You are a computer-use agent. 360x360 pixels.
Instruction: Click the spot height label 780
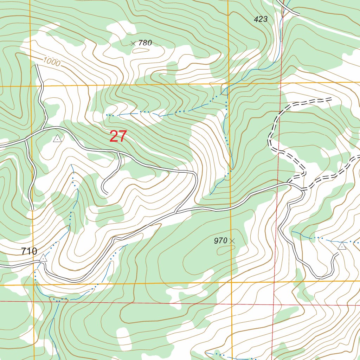145,43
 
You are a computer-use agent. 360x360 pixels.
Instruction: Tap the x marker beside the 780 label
133,44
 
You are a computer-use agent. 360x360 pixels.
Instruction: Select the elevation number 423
261,19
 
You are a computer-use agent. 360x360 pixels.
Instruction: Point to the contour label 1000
52,62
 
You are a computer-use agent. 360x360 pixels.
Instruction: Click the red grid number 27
118,136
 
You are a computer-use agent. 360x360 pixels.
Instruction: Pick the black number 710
29,251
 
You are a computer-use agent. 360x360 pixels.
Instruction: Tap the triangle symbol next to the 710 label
43,258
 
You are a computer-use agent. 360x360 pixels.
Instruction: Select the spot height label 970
220,241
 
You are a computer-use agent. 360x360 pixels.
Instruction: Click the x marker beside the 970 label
232,241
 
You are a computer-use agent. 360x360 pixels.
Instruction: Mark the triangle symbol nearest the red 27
57,139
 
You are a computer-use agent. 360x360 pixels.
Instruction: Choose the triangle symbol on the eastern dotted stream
342,246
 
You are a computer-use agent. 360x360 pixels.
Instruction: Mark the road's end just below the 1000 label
36,65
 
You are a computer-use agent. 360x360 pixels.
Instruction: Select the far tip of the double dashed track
331,99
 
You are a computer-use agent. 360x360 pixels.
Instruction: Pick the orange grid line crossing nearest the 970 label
231,282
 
